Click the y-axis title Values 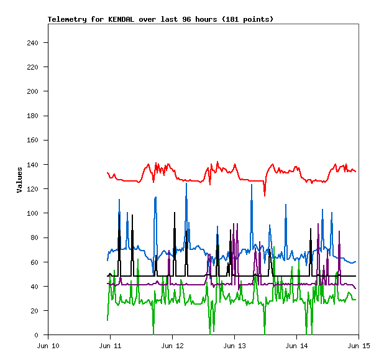(x=19, y=180)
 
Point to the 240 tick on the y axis (x=34, y=43)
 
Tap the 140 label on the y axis (x=34, y=165)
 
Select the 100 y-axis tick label (x=34, y=213)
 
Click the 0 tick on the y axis (x=39, y=335)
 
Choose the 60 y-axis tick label (x=36, y=262)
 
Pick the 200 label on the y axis (x=34, y=91)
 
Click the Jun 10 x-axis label (x=48, y=346)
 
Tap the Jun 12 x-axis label (x=172, y=346)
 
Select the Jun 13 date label (x=234, y=346)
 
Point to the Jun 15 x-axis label (x=358, y=346)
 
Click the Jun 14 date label (x=296, y=346)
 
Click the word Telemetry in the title (x=67, y=19)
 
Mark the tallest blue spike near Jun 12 (x=186, y=184)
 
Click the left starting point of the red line (x=107, y=173)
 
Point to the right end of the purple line (x=355, y=288)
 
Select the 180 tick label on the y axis (x=34, y=116)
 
